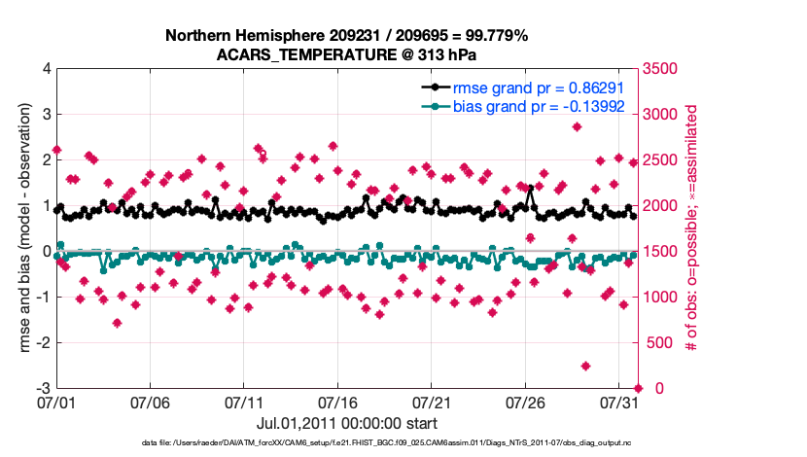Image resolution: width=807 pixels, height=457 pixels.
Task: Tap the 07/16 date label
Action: (x=337, y=402)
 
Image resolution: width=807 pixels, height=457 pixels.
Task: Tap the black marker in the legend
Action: (x=437, y=87)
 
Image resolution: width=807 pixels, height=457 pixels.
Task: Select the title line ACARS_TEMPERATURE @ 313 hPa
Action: (x=346, y=55)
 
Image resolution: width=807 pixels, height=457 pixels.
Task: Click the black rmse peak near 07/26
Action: (x=530, y=189)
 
